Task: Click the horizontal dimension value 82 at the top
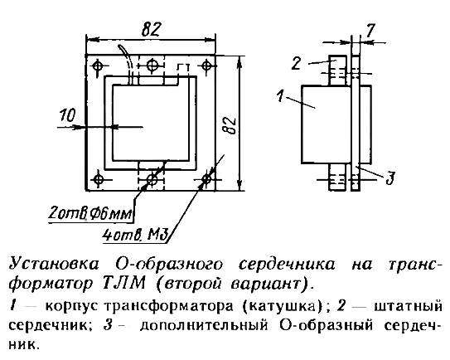pos(151,28)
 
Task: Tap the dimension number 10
pos(67,115)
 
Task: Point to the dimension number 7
pos(370,30)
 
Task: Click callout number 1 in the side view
pos(281,95)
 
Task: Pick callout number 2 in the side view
pos(297,64)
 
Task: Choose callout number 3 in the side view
pos(390,178)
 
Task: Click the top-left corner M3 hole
pos(98,66)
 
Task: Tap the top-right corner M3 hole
pos(206,66)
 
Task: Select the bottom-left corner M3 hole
pos(99,179)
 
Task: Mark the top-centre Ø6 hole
pos(152,66)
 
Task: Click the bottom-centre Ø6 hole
pos(152,180)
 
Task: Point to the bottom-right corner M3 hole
pos(206,179)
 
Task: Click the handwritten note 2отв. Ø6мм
pos(90,214)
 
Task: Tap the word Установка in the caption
pos(54,265)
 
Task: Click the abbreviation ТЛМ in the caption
pos(123,285)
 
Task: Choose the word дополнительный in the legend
pos(205,326)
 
